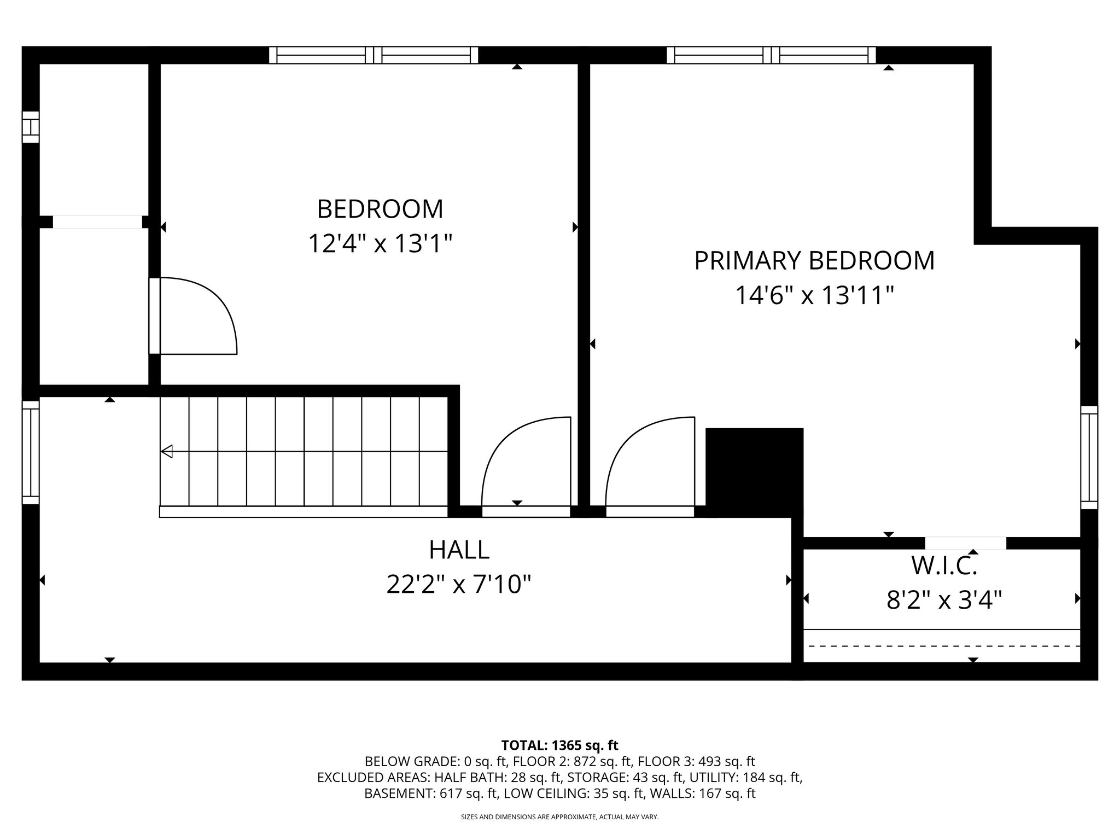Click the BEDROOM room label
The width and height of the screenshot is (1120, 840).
tap(380, 209)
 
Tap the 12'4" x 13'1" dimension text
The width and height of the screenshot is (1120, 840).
tap(380, 244)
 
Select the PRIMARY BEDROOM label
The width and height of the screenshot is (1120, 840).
tap(814, 261)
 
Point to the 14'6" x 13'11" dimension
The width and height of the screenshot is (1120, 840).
tap(814, 296)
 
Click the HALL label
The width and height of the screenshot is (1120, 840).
tap(459, 550)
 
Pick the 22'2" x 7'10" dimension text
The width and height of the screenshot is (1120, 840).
tap(459, 585)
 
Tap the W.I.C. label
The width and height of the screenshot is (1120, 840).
tap(943, 567)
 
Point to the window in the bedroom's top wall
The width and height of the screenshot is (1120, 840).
tap(374, 55)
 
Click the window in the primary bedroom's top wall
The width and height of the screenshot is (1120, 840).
tap(771, 55)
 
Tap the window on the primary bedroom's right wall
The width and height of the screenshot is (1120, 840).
tap(1089, 457)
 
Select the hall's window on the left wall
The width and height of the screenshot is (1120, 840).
tap(31, 452)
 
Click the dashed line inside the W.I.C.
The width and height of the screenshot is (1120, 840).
tap(943, 646)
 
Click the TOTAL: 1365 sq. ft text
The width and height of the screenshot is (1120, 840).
tap(559, 745)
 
